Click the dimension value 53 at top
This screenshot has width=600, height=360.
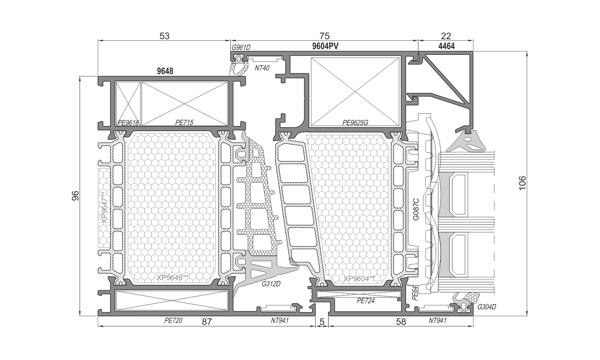click(164, 36)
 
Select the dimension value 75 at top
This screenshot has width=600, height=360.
click(324, 36)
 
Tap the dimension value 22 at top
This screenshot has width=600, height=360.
click(446, 36)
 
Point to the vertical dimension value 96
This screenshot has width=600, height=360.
click(76, 196)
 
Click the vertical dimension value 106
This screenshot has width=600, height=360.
click(522, 183)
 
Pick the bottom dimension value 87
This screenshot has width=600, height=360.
click(207, 322)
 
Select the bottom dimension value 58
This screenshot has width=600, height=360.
click(401, 322)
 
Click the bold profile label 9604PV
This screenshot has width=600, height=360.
click(325, 46)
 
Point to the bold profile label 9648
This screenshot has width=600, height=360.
click(165, 71)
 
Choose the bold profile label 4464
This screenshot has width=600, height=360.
click(446, 46)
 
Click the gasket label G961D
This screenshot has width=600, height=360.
click(241, 48)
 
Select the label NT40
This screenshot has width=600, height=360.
click(262, 68)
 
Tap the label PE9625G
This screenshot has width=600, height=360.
click(355, 123)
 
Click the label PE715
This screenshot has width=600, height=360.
click(184, 122)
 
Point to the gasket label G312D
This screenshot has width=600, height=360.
click(271, 284)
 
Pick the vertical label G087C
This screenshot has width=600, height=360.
click(416, 209)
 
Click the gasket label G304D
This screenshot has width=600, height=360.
click(487, 307)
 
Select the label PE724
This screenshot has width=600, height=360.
click(366, 301)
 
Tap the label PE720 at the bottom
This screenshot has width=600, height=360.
click(173, 320)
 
